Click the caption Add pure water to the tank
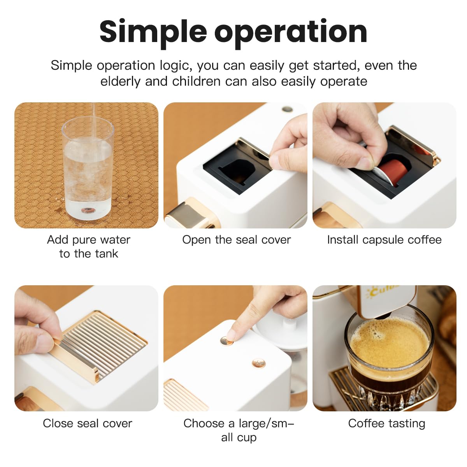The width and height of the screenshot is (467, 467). [88, 246]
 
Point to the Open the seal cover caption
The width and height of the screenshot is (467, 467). [236, 240]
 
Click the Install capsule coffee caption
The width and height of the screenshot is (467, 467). [384, 240]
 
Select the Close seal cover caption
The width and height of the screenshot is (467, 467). [87, 423]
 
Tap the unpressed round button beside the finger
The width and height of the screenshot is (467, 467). [258, 363]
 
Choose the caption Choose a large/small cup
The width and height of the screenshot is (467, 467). [239, 430]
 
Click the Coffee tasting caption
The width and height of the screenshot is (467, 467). [386, 423]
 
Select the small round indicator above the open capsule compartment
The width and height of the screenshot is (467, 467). [287, 109]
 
